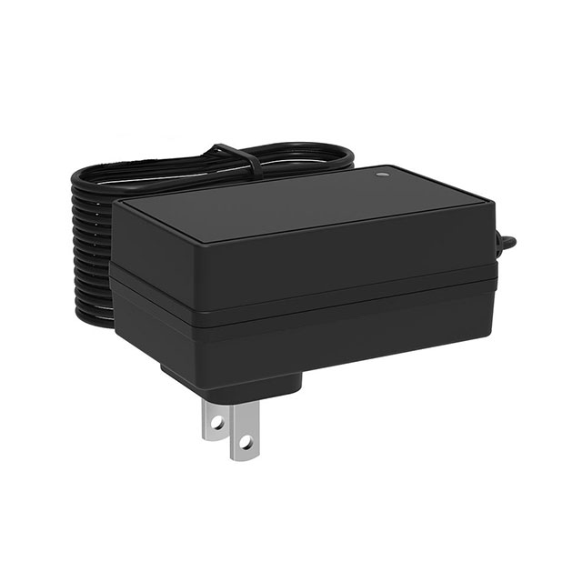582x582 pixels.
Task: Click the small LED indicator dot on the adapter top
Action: [381, 170]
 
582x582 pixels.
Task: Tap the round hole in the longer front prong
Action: [243, 443]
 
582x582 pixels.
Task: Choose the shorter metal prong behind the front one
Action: [215, 414]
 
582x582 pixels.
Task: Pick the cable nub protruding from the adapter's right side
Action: [507, 244]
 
